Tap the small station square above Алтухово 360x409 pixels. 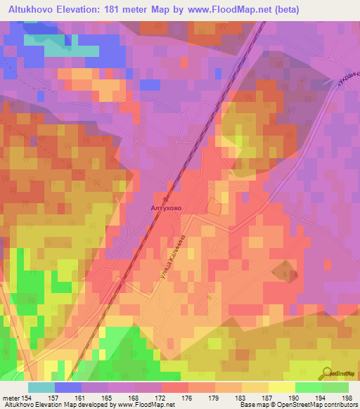coord(167,200)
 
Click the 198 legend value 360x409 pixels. coord(346,397)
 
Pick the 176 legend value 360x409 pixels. coord(187,397)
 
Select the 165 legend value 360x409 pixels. coord(108,397)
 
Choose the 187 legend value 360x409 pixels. coord(266,397)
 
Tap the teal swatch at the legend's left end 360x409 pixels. coord(41,387)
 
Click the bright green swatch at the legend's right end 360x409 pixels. coord(335,387)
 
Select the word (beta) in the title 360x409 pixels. coord(282,10)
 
